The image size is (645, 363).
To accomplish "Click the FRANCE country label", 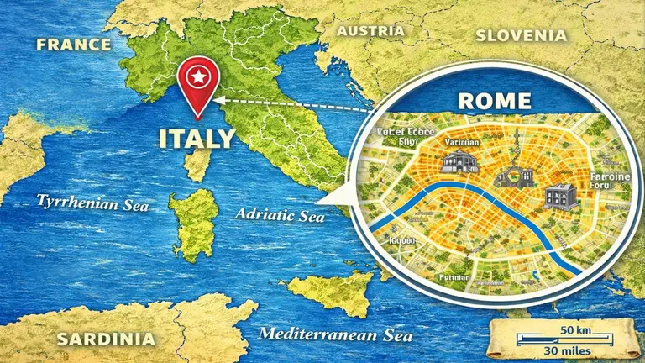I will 73,45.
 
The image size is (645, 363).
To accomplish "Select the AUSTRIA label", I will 370,31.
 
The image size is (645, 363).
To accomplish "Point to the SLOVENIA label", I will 521,35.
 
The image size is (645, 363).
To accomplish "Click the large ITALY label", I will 197,137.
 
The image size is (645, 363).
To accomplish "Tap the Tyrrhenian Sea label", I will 92,203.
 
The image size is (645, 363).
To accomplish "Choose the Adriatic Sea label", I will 280,215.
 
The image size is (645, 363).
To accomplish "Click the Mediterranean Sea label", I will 336,334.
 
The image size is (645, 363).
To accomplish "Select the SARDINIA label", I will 106,339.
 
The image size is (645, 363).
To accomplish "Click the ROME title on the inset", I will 495,101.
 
